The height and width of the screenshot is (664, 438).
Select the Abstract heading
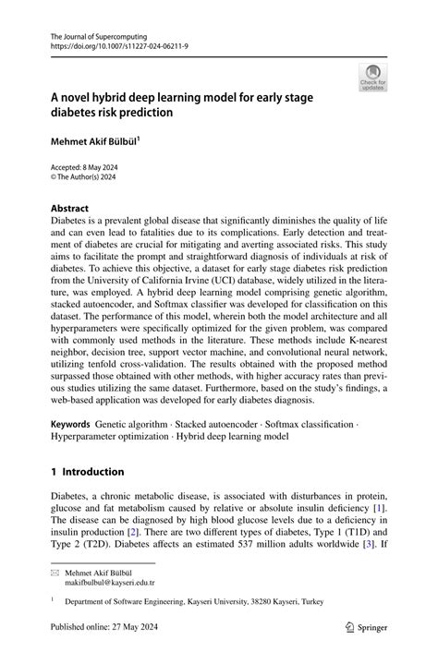pos(71,209)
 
